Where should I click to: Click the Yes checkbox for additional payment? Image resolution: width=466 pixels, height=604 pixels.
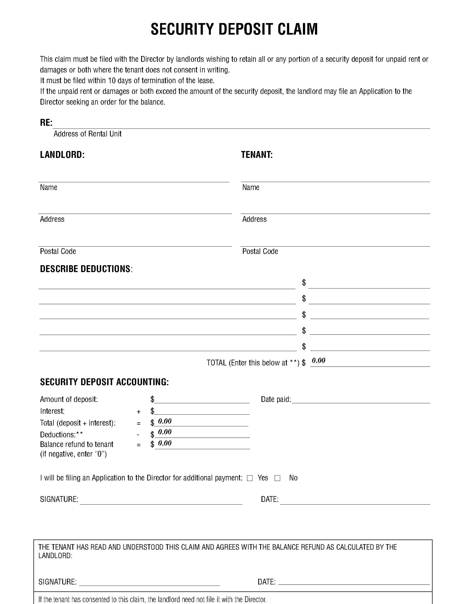point(250,478)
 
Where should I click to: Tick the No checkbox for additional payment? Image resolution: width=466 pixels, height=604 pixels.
point(277,478)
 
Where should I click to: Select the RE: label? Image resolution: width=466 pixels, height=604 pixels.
point(46,123)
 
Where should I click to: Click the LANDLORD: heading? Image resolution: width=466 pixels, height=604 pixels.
point(62,155)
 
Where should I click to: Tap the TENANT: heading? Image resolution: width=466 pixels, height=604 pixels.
point(257,155)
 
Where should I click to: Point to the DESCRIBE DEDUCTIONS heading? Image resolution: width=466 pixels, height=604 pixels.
point(85,269)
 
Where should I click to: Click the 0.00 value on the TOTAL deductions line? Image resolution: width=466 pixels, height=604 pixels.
point(318,361)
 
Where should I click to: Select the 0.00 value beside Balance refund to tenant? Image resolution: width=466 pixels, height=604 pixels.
point(165,443)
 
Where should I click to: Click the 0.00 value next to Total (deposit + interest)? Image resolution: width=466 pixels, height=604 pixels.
point(165,421)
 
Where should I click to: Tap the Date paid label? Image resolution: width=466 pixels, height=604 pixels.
point(276,400)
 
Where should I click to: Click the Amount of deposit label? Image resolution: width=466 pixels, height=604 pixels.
point(69,400)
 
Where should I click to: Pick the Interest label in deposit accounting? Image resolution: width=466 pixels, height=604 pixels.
point(52,411)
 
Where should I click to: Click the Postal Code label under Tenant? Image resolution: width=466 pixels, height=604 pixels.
point(260,251)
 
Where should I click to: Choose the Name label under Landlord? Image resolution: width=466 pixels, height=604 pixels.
point(48,187)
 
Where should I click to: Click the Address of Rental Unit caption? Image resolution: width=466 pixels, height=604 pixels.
point(87,134)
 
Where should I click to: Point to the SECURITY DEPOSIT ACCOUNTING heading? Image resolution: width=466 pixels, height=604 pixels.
point(104,382)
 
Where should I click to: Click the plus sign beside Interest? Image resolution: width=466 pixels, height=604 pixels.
point(139,412)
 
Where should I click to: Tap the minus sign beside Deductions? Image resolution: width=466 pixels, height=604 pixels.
point(138,435)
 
